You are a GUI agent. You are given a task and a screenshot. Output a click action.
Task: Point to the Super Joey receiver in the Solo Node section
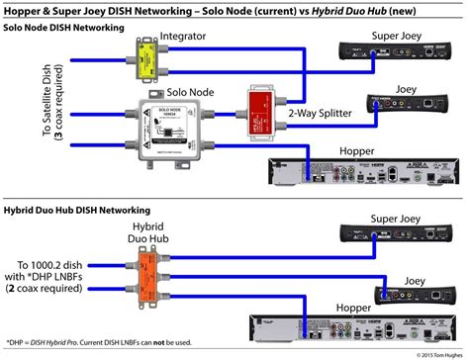(x=392, y=60)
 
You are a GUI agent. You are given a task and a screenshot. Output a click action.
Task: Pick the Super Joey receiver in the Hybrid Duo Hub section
(x=392, y=232)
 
